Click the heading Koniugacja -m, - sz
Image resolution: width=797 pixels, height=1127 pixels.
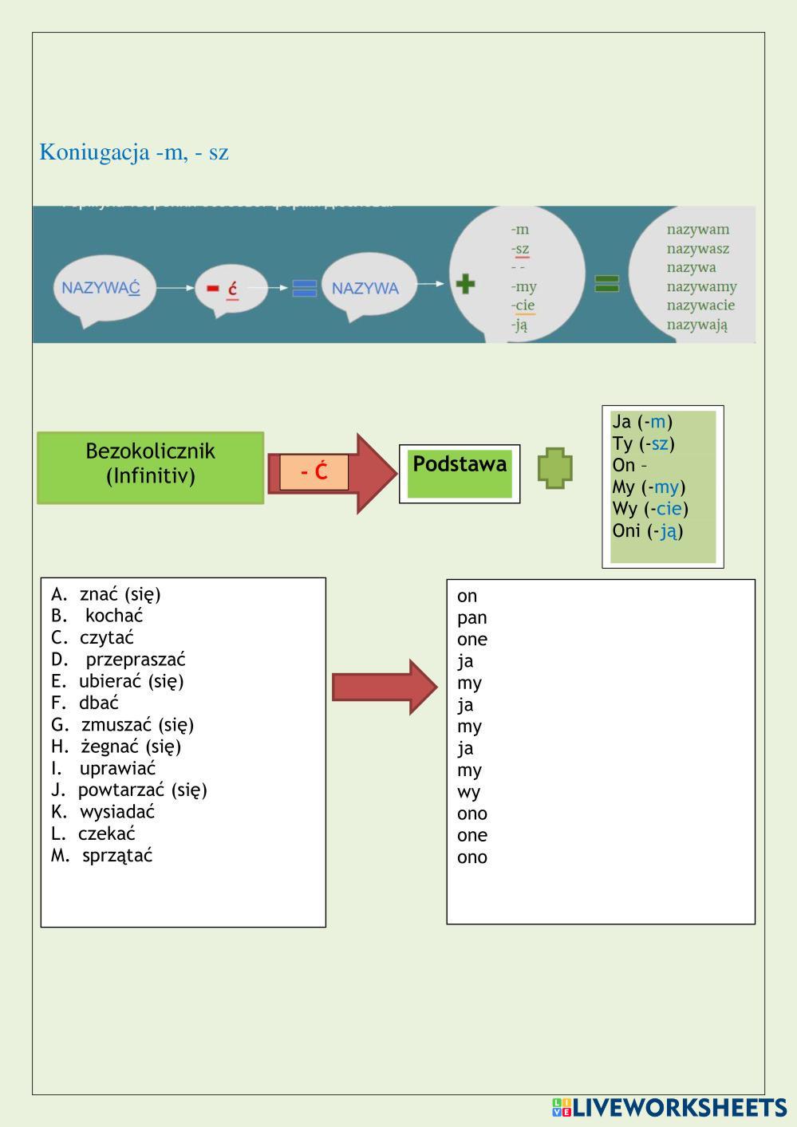[x=134, y=152]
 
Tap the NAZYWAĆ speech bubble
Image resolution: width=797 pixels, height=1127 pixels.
[x=101, y=288]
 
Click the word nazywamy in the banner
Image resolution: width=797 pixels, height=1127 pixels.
[x=701, y=286]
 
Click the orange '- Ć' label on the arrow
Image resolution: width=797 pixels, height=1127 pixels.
[x=314, y=472]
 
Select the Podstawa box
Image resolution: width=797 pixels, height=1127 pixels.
[x=460, y=473]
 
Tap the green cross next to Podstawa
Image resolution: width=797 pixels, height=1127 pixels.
[x=555, y=468]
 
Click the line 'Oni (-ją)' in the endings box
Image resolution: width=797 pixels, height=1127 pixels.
[x=648, y=530]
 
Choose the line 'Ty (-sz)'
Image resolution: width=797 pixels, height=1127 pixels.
[x=643, y=443]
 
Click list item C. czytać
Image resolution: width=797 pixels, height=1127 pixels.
[x=93, y=638]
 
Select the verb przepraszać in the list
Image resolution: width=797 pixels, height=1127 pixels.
[x=135, y=660]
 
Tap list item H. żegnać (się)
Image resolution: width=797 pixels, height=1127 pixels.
[x=116, y=747]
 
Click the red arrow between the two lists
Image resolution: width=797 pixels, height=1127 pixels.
[x=384, y=687]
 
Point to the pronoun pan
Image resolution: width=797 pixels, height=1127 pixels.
[x=471, y=617]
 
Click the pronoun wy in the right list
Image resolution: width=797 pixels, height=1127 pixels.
[x=468, y=792]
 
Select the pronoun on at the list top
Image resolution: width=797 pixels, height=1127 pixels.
[x=467, y=596]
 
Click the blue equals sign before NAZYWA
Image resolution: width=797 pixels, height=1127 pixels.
[x=304, y=288]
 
